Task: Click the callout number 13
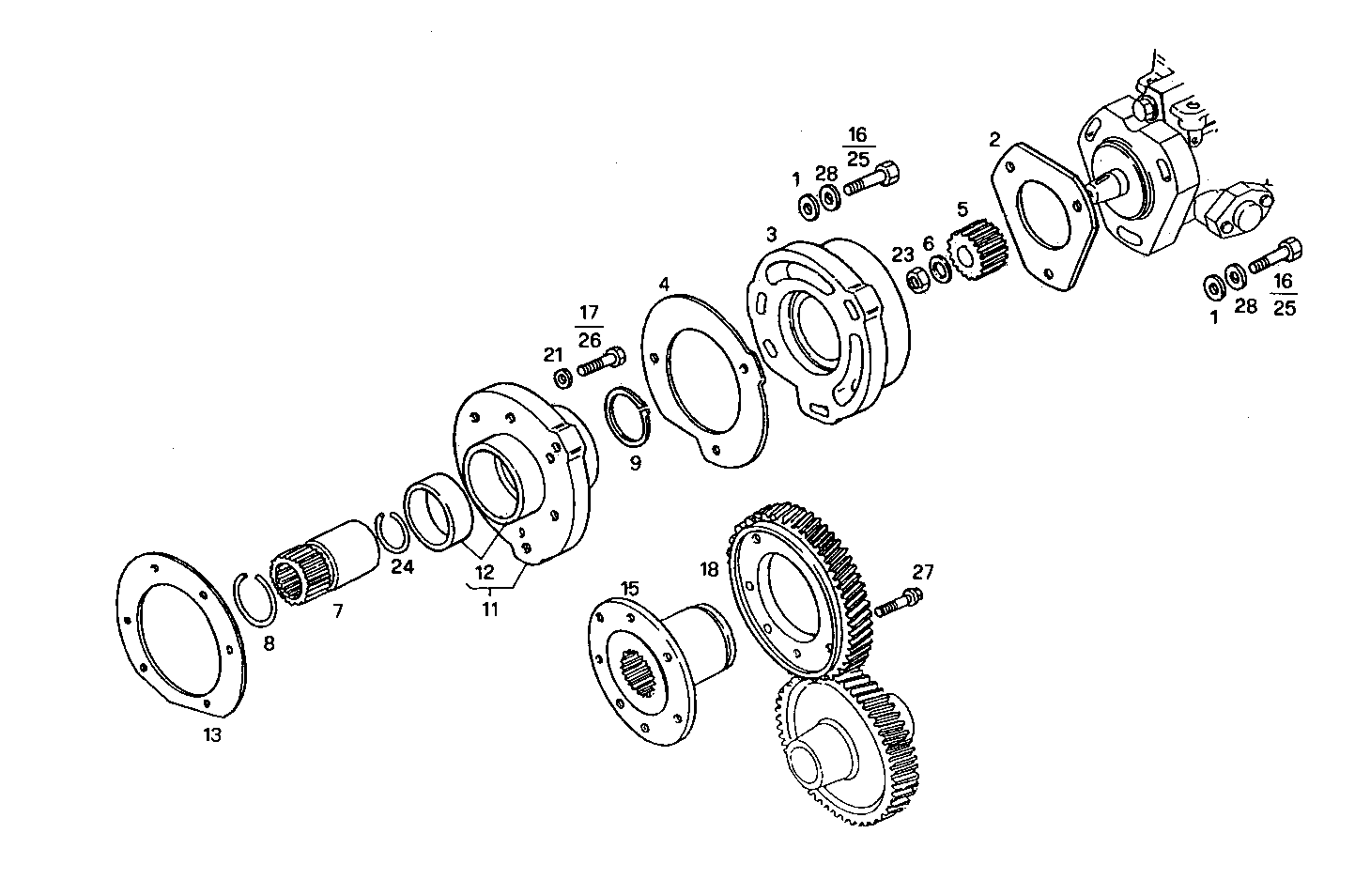click(x=212, y=734)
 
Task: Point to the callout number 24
click(x=402, y=566)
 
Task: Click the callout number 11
click(x=489, y=609)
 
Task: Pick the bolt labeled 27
click(x=899, y=603)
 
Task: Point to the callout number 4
click(x=664, y=283)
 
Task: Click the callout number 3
click(x=771, y=233)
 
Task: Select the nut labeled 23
click(x=916, y=279)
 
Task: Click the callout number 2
click(x=994, y=141)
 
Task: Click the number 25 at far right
click(x=1284, y=307)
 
